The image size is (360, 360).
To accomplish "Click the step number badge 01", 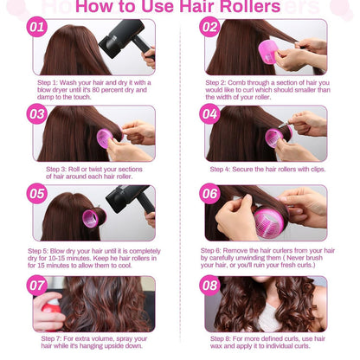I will tap(36, 28).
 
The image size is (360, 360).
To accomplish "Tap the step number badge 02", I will tap(209, 28).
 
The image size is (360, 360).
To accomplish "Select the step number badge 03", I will tap(36, 113).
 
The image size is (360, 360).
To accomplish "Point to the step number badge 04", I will tap(209, 113).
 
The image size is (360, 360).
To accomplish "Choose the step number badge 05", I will tap(36, 195).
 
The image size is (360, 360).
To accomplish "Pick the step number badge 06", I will tap(209, 195).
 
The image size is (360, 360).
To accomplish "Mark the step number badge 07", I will tap(36, 284).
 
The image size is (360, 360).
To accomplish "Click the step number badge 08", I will tap(209, 284).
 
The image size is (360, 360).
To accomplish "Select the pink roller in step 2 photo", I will tap(267, 55).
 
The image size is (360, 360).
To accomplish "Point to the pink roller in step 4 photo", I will tap(276, 136).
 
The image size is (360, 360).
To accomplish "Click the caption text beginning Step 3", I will tap(95, 172).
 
